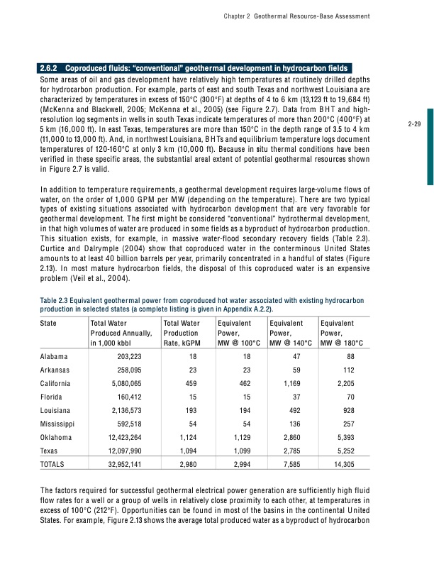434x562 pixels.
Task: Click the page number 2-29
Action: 416,124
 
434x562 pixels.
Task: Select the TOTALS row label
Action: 52,466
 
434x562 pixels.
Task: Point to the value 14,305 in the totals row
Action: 350,466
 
